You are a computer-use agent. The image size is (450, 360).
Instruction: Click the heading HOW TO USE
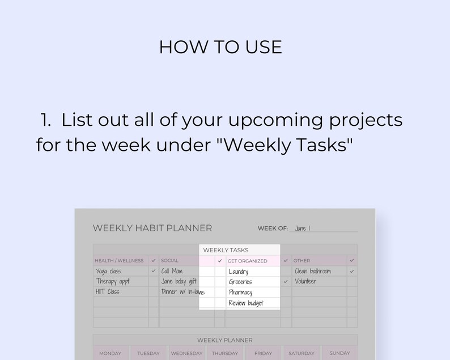(220, 47)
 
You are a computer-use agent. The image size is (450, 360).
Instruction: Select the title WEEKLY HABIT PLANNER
(152, 228)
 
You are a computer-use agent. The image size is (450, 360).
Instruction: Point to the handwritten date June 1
(302, 228)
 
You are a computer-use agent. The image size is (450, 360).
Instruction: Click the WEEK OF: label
(273, 228)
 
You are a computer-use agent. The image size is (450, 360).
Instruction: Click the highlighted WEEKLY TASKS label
(226, 250)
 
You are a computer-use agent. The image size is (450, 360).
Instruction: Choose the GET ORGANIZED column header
(247, 261)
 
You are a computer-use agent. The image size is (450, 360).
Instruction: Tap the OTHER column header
(302, 261)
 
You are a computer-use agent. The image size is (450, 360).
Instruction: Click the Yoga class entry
(108, 272)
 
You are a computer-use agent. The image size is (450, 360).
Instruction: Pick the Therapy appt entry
(112, 282)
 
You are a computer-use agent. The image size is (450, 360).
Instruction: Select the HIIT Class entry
(108, 292)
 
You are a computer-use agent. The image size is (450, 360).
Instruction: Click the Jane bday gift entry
(179, 282)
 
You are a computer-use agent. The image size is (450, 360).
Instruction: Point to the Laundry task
(239, 272)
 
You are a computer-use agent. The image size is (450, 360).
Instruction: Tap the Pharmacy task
(240, 293)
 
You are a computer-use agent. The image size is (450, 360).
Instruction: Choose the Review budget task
(246, 303)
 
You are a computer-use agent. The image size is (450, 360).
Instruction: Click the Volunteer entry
(305, 282)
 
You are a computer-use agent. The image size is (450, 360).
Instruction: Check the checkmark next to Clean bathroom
(352, 272)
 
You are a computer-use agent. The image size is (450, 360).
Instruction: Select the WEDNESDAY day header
(186, 353)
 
